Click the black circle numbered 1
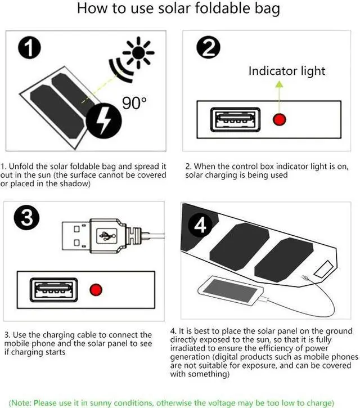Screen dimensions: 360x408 (29, 47)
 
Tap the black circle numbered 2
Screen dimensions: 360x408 (208, 47)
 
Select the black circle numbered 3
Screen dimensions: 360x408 (26, 218)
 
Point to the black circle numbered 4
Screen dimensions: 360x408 (200, 225)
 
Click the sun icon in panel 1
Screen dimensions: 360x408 (138, 52)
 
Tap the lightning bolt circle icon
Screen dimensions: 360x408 (103, 120)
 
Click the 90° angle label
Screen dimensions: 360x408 (134, 103)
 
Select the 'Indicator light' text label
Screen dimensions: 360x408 (287, 71)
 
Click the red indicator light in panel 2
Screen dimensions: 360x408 (280, 120)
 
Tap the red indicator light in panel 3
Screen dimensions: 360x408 (96, 290)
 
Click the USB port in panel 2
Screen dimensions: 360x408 (235, 119)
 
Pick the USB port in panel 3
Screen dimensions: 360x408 (53, 290)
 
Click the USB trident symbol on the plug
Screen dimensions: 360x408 (107, 236)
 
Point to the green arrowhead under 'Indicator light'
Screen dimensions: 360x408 (279, 84)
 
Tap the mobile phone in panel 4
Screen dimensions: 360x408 (231, 290)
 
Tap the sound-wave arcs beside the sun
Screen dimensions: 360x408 (120, 69)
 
